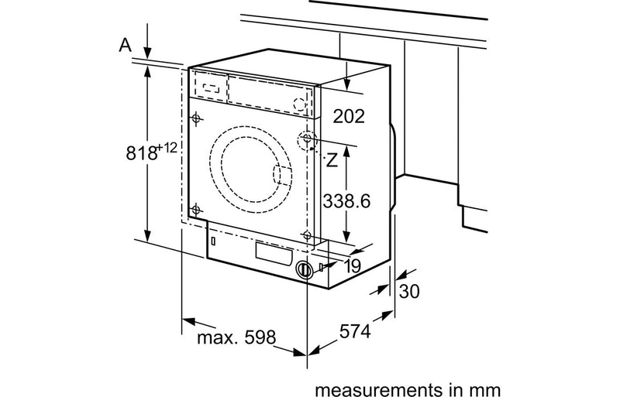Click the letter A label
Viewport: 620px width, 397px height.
pyautogui.click(x=125, y=45)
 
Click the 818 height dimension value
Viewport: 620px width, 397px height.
pyautogui.click(x=141, y=152)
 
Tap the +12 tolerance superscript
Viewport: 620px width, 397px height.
pyautogui.click(x=167, y=148)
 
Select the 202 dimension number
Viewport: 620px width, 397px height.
pyautogui.click(x=348, y=116)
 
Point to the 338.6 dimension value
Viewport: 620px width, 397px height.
pyautogui.click(x=346, y=200)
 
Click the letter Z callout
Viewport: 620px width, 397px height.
pyautogui.click(x=332, y=160)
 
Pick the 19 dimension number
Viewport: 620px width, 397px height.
pyautogui.click(x=353, y=266)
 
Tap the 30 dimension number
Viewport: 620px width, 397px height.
pyautogui.click(x=409, y=291)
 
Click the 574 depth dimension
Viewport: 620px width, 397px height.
pyautogui.click(x=355, y=331)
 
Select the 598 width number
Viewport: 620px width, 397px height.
pyautogui.click(x=260, y=337)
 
